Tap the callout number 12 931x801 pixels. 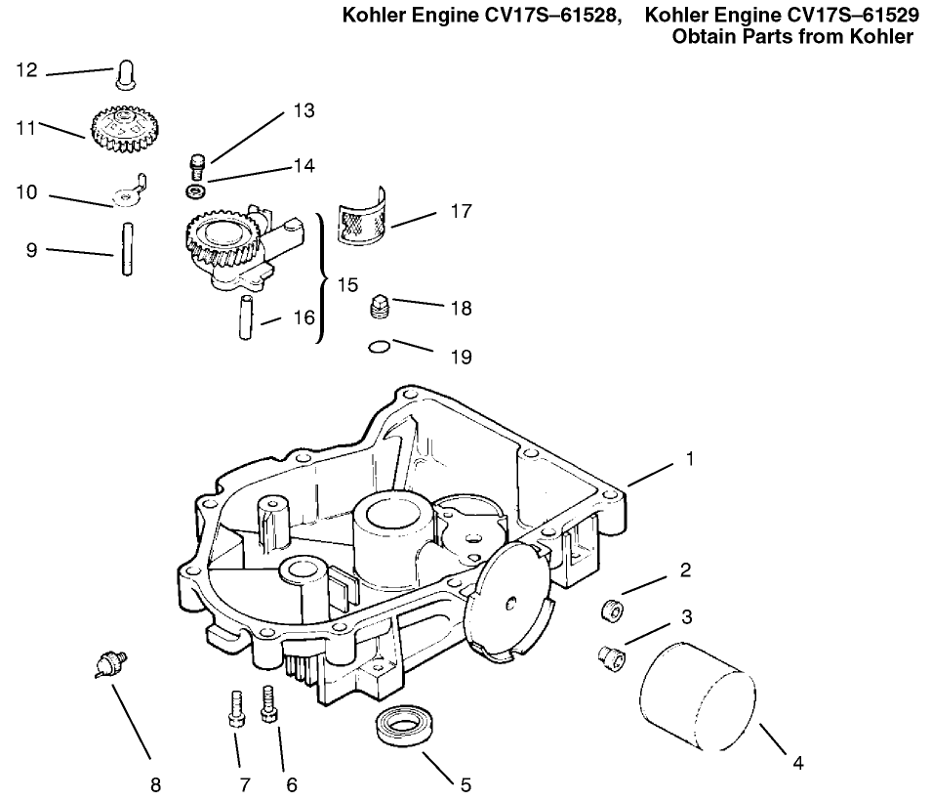tap(27, 70)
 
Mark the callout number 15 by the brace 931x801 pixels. tap(347, 286)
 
